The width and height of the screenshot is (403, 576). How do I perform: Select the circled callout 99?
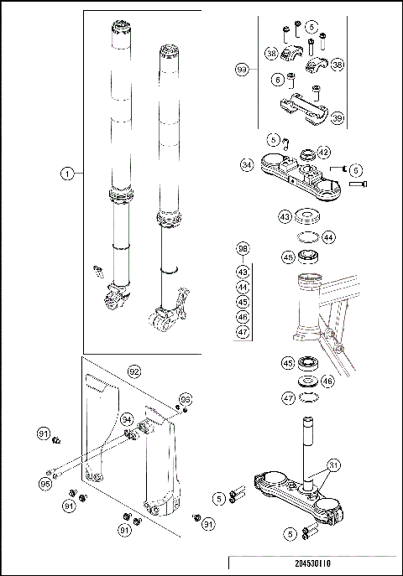click(242, 70)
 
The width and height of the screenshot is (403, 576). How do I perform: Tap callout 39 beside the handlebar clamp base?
click(338, 120)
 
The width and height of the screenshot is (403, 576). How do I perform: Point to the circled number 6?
click(278, 80)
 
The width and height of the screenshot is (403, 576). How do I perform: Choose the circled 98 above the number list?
click(243, 249)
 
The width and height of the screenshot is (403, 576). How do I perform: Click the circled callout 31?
click(334, 464)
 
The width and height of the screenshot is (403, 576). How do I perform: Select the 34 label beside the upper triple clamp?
click(246, 165)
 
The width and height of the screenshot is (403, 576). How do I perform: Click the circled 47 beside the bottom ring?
click(287, 398)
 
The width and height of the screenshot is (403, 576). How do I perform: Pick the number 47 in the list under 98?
click(243, 332)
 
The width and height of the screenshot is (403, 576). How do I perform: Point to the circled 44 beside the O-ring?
click(328, 238)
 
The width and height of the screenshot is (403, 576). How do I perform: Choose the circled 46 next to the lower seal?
click(328, 381)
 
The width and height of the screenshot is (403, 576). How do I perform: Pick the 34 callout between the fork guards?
click(127, 418)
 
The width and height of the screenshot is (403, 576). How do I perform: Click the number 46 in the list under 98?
click(243, 317)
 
